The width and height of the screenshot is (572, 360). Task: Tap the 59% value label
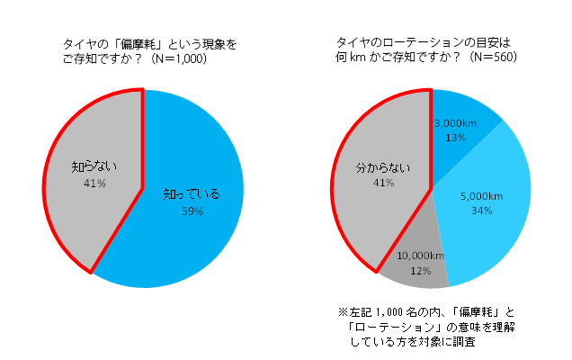point(192,211)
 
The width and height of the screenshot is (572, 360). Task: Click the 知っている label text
point(192,194)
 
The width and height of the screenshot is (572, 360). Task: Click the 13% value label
point(456,139)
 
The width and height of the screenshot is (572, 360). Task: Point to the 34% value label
point(480,211)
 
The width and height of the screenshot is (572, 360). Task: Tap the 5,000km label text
point(480,196)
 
